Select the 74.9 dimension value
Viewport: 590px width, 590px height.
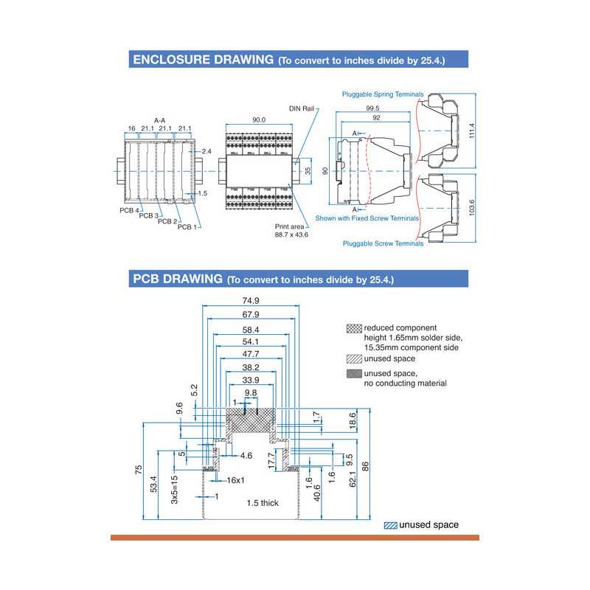tap(251, 301)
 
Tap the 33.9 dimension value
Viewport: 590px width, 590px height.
tap(251, 381)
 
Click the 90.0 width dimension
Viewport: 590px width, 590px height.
tap(260, 119)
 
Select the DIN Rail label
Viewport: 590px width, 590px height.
tap(302, 108)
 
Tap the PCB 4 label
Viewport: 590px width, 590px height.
tap(129, 210)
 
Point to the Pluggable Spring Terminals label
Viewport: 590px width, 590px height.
tap(383, 94)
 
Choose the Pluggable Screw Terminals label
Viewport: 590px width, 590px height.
tap(383, 243)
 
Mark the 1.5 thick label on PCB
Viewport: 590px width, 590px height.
tap(263, 503)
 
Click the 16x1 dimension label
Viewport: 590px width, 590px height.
tap(235, 480)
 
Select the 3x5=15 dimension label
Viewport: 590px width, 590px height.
tap(175, 489)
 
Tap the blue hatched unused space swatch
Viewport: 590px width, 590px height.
tap(390, 526)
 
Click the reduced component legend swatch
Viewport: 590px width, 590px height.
tap(353, 328)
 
